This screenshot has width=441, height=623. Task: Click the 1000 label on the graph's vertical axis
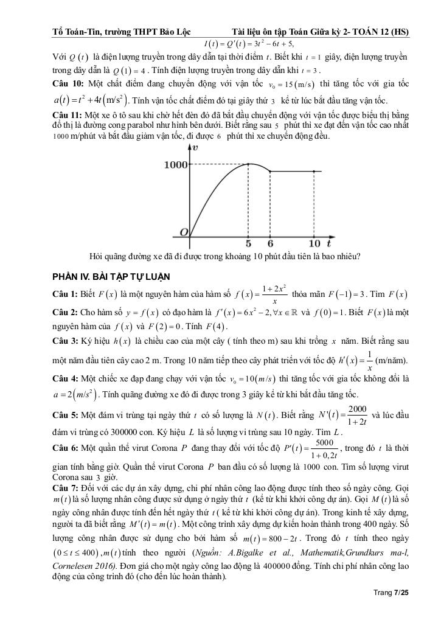(175, 164)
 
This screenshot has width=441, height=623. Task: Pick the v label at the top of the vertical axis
(195, 147)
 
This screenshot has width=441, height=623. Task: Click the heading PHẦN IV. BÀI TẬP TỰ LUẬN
(111, 277)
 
